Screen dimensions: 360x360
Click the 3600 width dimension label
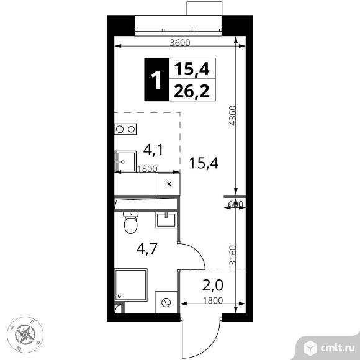point(179,42)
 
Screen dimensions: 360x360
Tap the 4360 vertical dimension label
point(232,116)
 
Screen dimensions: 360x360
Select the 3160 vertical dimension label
point(232,254)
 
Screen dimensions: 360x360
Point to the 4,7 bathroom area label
point(147,250)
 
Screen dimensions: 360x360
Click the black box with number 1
point(155,78)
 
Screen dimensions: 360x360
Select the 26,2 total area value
point(191,91)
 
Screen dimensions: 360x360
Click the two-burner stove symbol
point(125,129)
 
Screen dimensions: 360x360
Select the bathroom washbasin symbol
point(166,219)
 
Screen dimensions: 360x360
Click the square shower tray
point(131,286)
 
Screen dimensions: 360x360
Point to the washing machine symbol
point(166,303)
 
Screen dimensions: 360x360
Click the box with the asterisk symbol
point(168,184)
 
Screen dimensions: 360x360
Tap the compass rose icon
point(25,336)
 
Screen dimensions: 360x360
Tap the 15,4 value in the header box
point(191,68)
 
